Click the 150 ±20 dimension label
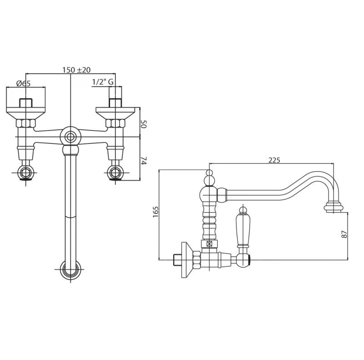coord(76,70)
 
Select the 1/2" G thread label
coord(102,82)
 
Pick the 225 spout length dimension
coord(274,160)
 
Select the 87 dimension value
coord(344,233)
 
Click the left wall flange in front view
coord(26,110)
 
